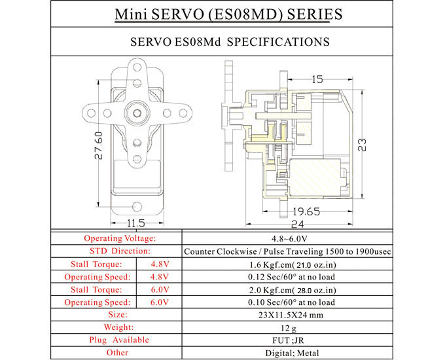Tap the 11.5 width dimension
coord(135,223)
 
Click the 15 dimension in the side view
coord(317,80)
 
